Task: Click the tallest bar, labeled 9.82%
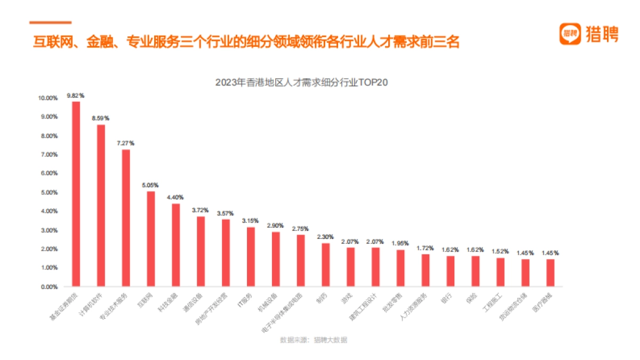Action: coord(76,194)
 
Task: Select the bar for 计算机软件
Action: coord(101,206)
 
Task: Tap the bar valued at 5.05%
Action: coord(151,239)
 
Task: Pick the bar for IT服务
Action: coord(251,257)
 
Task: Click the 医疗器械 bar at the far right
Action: coord(550,273)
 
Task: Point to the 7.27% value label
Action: coord(126,143)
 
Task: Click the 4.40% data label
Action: coord(175,197)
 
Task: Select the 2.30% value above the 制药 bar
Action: coord(325,237)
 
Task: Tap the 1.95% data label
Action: coord(401,244)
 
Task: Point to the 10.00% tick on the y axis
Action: coord(47,98)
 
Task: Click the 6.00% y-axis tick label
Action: coord(49,173)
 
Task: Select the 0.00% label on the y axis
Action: coord(49,287)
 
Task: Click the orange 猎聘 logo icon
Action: coord(570,34)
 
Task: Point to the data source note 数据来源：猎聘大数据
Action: coord(313,340)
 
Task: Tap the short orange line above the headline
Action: coord(50,22)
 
